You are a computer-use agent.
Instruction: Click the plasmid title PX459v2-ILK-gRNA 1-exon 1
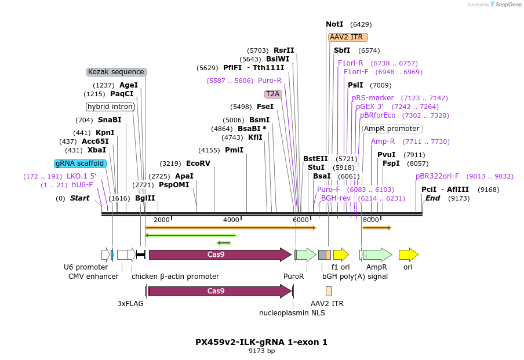[x=261, y=342]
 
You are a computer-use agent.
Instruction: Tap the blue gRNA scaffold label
[x=80, y=163]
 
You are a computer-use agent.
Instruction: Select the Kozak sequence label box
[x=116, y=72]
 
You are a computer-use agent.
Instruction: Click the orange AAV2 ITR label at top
[x=346, y=37]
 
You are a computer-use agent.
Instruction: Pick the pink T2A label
[x=272, y=94]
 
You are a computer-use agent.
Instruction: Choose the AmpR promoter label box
[x=392, y=129]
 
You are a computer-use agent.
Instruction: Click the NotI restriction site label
[x=334, y=24]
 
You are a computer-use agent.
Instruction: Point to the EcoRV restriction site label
[x=198, y=163]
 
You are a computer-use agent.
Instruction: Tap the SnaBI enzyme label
[x=110, y=120]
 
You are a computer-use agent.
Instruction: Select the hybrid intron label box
[x=110, y=107]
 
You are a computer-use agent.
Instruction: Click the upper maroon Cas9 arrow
[x=220, y=254]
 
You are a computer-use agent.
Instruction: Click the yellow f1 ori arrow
[x=341, y=254]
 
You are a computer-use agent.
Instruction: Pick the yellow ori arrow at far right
[x=408, y=254]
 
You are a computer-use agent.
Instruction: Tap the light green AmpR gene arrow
[x=377, y=254]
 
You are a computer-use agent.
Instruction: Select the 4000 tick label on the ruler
[x=231, y=220]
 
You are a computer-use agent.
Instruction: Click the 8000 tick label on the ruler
[x=370, y=220]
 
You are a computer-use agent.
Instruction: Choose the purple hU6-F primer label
[x=82, y=185]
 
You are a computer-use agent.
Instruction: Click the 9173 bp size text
[x=261, y=351]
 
